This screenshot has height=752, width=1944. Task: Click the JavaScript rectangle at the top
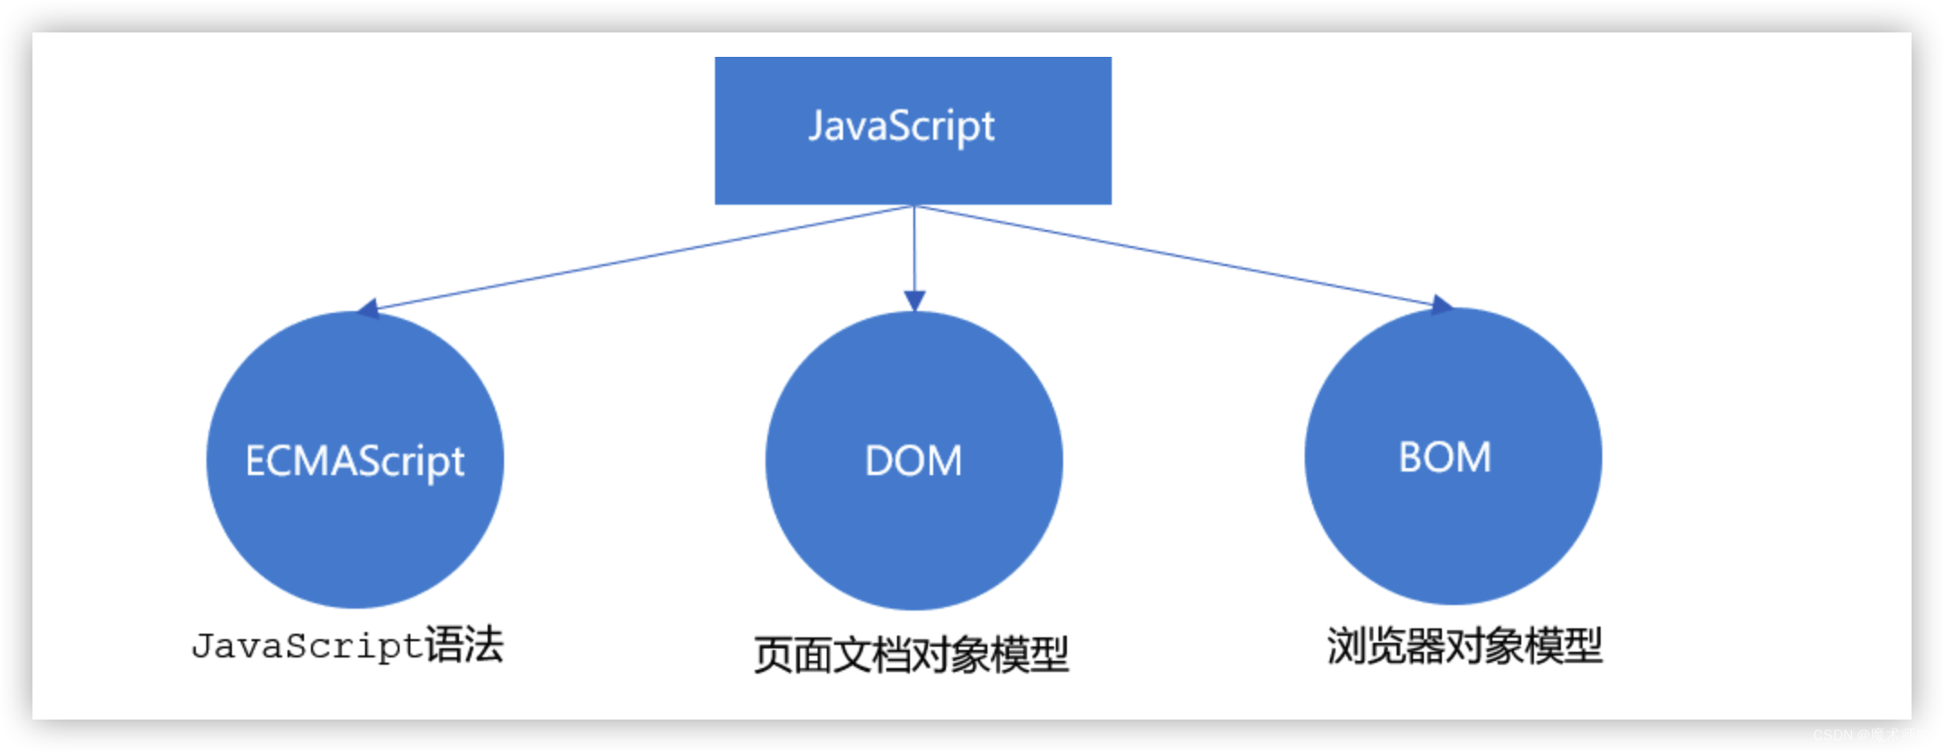click(x=912, y=171)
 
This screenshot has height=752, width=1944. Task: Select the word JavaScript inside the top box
click(x=902, y=126)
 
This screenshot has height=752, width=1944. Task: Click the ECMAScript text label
click(x=354, y=461)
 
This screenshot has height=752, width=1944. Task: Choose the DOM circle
click(x=913, y=541)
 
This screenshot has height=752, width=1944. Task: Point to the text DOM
click(x=913, y=461)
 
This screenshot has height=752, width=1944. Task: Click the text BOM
click(x=1444, y=457)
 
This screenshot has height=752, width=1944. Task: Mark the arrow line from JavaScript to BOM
click(x=1172, y=255)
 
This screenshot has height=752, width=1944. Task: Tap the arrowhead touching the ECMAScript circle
click(x=367, y=309)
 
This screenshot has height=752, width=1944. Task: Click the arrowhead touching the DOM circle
click(x=914, y=301)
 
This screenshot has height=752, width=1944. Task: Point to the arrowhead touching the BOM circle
click(x=1441, y=305)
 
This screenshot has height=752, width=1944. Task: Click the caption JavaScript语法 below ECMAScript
click(x=347, y=646)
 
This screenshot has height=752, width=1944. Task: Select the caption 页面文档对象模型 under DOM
click(x=912, y=655)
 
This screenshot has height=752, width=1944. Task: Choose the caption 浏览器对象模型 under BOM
click(x=1464, y=646)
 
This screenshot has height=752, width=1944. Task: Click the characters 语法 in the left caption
click(x=464, y=645)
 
